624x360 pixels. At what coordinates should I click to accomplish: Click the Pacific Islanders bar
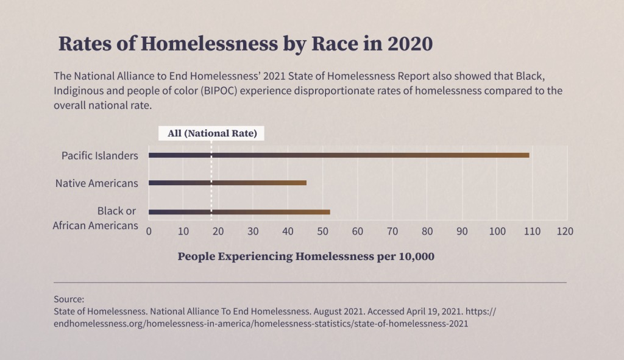tap(339, 155)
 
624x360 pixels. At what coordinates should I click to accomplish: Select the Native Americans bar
tap(227, 183)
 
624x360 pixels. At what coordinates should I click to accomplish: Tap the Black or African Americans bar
tap(239, 212)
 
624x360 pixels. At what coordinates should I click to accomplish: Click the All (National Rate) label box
tap(211, 133)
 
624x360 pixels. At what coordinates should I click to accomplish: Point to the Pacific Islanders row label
tap(100, 155)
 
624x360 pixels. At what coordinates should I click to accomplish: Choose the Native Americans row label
tap(97, 183)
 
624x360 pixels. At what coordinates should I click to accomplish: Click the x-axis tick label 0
tap(149, 231)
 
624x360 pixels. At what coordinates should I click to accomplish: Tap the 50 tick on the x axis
tap(323, 231)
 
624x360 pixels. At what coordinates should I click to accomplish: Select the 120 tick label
tap(565, 231)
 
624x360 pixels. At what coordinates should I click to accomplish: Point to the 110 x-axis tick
tap(531, 231)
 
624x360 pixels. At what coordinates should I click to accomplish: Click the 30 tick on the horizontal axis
tap(253, 231)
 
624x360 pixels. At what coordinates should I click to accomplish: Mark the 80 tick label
tap(428, 231)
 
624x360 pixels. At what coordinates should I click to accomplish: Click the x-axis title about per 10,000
tap(306, 256)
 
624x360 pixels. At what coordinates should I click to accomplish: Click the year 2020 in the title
tap(408, 44)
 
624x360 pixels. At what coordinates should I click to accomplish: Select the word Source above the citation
tap(68, 299)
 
